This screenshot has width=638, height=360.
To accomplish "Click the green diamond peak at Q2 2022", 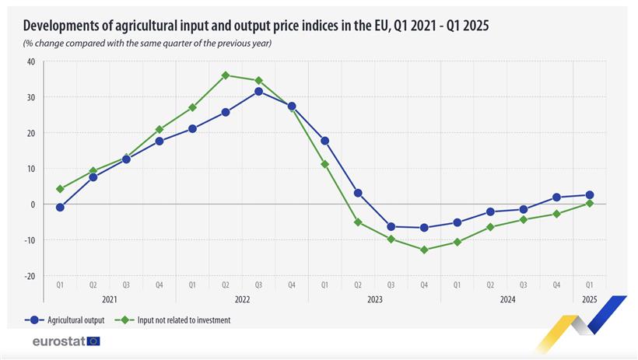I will (226, 75).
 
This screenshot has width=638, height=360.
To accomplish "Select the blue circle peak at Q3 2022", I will (258, 91).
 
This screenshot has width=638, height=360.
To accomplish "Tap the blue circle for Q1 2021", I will (60, 208).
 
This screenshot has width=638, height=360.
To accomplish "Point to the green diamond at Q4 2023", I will (424, 250).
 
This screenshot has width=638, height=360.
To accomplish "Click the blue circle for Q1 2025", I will (590, 195).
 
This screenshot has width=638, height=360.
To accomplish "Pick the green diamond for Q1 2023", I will (324, 164).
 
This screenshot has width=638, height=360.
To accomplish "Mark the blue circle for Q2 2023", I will (358, 193).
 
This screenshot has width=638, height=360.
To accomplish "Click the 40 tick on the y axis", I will (31, 61).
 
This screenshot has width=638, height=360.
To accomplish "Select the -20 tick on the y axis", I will (30, 276).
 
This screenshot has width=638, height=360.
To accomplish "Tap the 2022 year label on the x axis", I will (242, 299).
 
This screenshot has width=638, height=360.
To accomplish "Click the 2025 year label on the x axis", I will (589, 299).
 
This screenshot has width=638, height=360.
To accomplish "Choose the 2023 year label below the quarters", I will (374, 299).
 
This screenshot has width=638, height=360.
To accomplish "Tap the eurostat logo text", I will (58, 341).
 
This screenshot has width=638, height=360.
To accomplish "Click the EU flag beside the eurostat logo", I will (94, 341).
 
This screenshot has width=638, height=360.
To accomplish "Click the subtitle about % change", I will (147, 42).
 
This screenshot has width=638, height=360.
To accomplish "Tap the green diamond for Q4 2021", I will (159, 129).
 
